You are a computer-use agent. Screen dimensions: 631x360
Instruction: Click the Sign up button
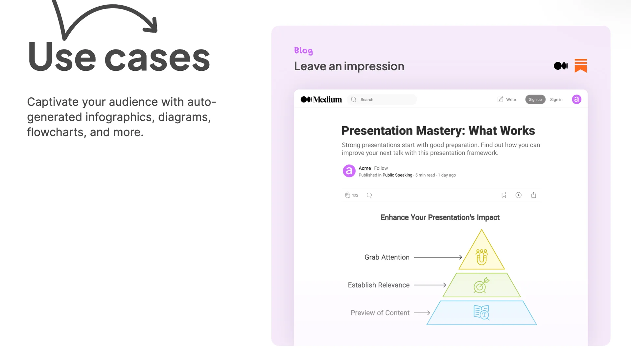click(535, 100)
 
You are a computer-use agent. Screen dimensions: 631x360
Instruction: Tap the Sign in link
click(556, 100)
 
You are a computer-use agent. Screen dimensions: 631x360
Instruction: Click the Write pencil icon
click(500, 99)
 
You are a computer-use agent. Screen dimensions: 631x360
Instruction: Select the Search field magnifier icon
click(354, 99)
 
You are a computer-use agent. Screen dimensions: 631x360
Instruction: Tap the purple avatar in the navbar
click(576, 99)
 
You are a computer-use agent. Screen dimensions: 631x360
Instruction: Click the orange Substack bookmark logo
click(581, 66)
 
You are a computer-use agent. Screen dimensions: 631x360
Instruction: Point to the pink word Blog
click(303, 51)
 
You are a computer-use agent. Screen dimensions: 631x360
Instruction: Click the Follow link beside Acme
click(381, 168)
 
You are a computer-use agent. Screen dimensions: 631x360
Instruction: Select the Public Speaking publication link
click(397, 175)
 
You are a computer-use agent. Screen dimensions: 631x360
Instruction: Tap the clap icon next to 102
click(347, 195)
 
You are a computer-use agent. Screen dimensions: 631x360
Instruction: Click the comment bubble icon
click(369, 195)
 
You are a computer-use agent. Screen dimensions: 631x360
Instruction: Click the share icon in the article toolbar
click(534, 195)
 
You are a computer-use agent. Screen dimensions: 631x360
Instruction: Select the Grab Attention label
click(387, 257)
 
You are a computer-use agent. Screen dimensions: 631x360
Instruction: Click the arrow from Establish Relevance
click(430, 285)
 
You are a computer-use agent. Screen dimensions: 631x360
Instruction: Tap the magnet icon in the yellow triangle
click(481, 257)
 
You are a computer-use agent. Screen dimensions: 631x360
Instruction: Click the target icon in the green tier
click(481, 285)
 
